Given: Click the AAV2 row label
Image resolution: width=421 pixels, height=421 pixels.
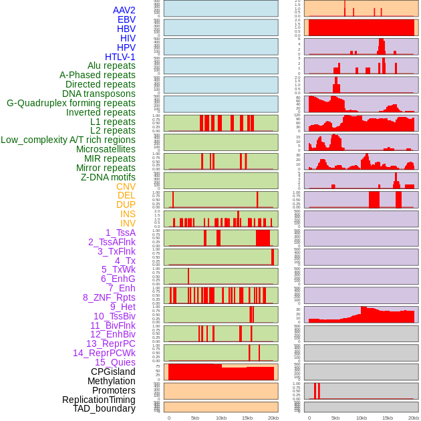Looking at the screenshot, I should (124, 10).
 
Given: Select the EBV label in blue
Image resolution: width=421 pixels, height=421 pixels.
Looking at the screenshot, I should (126, 19).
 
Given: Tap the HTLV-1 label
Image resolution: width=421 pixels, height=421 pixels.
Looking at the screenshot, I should (120, 57).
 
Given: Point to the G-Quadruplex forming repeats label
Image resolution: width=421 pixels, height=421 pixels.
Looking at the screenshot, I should (71, 103).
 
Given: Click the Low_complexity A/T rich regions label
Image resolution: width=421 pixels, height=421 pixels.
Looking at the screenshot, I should (68, 140).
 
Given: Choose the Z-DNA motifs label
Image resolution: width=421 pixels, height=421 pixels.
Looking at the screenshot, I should (108, 177).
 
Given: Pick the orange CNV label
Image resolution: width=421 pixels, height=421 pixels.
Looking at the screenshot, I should (126, 186).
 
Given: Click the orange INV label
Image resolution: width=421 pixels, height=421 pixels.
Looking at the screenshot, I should (128, 223).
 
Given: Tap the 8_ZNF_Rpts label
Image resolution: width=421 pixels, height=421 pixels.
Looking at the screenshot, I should (109, 297).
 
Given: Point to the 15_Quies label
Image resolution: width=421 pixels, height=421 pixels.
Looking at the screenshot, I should (115, 362).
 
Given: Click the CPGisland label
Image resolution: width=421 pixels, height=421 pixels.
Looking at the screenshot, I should (113, 372).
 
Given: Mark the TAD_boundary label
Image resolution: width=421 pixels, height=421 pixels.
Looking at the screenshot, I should (104, 408).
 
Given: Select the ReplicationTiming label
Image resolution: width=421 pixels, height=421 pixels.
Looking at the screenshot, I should (99, 400).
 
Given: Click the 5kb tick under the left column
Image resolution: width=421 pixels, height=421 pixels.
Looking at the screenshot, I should (195, 418).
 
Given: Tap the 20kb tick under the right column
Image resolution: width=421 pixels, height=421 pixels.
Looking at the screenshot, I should (414, 418).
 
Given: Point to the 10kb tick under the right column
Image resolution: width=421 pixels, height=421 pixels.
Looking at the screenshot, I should (362, 418).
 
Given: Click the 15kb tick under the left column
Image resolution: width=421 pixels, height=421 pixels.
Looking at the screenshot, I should (247, 418).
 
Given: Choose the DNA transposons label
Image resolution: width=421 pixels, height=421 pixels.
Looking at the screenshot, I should (99, 94).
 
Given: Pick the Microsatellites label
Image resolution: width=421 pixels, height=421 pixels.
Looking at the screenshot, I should (106, 149).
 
